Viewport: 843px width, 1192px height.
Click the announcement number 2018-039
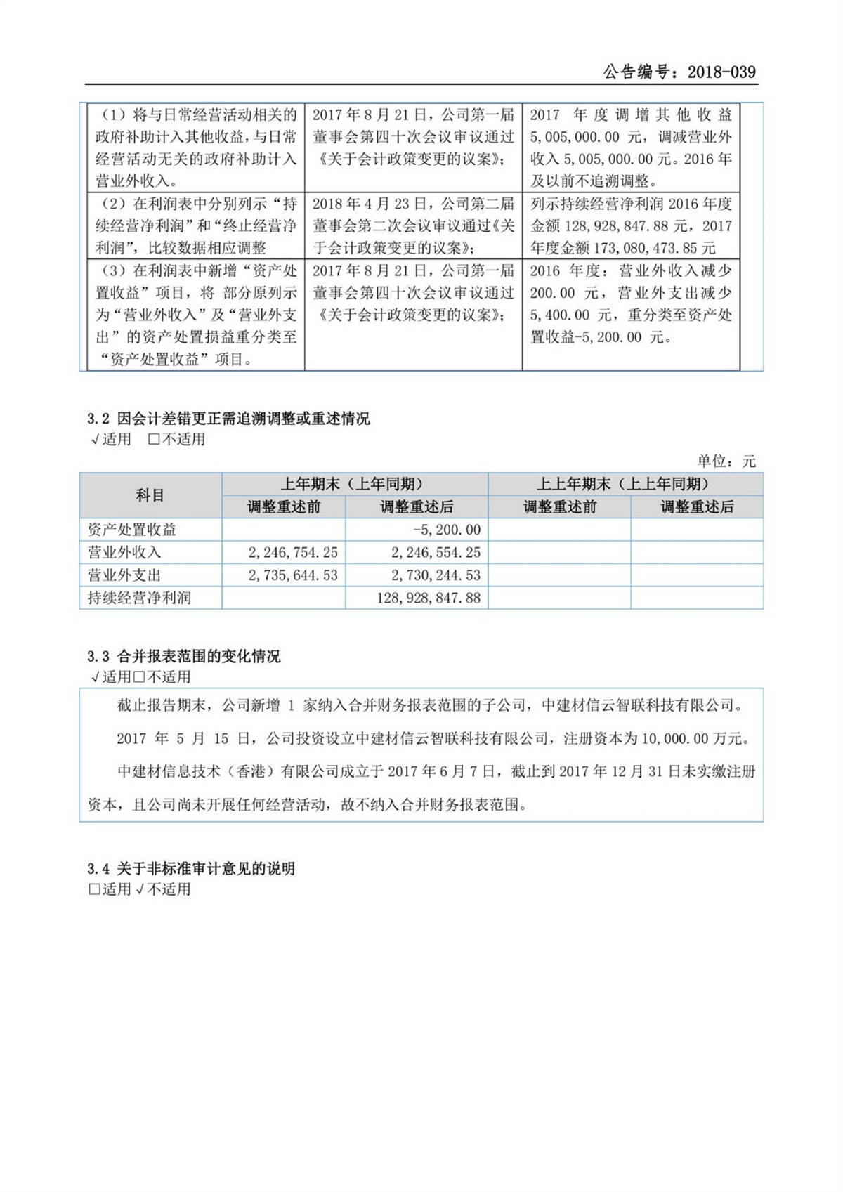[721, 72]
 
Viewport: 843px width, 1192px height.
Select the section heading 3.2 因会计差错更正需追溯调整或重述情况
[228, 419]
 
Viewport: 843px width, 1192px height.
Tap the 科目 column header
[150, 495]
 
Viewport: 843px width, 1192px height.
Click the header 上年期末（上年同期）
[354, 484]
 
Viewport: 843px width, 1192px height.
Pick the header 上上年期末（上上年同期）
[625, 484]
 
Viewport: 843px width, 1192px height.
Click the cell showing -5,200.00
[447, 530]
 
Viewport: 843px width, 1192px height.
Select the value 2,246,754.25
[292, 553]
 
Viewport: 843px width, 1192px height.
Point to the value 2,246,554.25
[436, 553]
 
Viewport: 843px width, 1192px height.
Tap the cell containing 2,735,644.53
[292, 575]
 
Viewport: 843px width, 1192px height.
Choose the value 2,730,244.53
[436, 575]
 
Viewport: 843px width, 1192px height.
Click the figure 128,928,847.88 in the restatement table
[429, 598]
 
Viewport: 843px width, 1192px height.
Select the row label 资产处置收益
[132, 530]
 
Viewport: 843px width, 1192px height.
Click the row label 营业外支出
[124, 575]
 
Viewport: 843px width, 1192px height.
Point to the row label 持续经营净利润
[139, 598]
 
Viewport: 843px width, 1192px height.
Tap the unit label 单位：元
[726, 461]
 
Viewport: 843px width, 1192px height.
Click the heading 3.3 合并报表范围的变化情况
[184, 656]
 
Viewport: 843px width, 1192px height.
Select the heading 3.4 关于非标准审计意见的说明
[191, 869]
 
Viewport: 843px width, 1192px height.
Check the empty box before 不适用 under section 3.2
[154, 440]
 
